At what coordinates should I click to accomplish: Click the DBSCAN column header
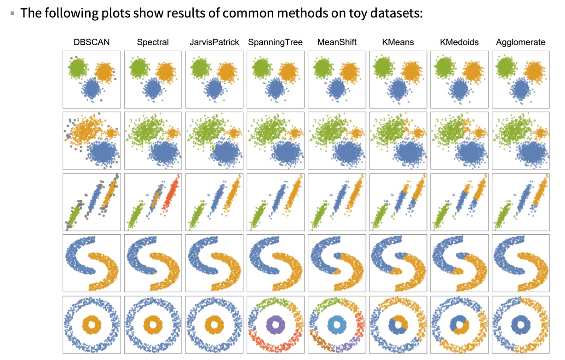92,42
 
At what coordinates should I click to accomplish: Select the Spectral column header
153,42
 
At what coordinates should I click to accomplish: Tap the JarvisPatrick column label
214,42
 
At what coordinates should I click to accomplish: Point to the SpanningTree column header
275,42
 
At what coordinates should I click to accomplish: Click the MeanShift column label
337,42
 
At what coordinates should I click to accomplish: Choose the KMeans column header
398,42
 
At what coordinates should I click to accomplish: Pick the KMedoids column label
459,42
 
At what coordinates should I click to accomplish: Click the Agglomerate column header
520,42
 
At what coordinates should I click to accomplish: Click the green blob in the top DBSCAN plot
78,68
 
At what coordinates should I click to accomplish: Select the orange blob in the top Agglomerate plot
534,71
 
